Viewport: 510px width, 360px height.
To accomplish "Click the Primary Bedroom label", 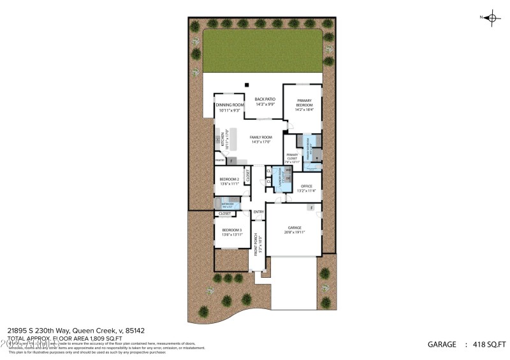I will point(302,104).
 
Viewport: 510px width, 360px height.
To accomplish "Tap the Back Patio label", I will point(265,99).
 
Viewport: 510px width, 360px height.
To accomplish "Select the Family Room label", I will point(261,138).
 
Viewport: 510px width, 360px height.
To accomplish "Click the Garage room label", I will point(294,227).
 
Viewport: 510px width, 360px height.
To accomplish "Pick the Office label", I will point(306,186).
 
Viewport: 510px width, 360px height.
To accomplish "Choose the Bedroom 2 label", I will point(229,180).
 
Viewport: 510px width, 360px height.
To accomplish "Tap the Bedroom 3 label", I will point(232,230).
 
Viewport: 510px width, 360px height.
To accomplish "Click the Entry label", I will point(259,212).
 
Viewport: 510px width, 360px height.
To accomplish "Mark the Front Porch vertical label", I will point(256,245).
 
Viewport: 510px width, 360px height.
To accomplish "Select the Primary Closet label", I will point(292,155).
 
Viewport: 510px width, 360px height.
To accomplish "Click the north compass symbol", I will point(492,18).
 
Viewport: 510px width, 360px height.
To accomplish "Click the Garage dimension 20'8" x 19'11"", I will point(294,233).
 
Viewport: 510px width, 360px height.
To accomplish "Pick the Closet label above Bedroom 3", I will point(224,213).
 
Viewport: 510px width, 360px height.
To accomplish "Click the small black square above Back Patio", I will point(247,85).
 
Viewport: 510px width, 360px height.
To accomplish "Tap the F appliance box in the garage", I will point(310,208).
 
